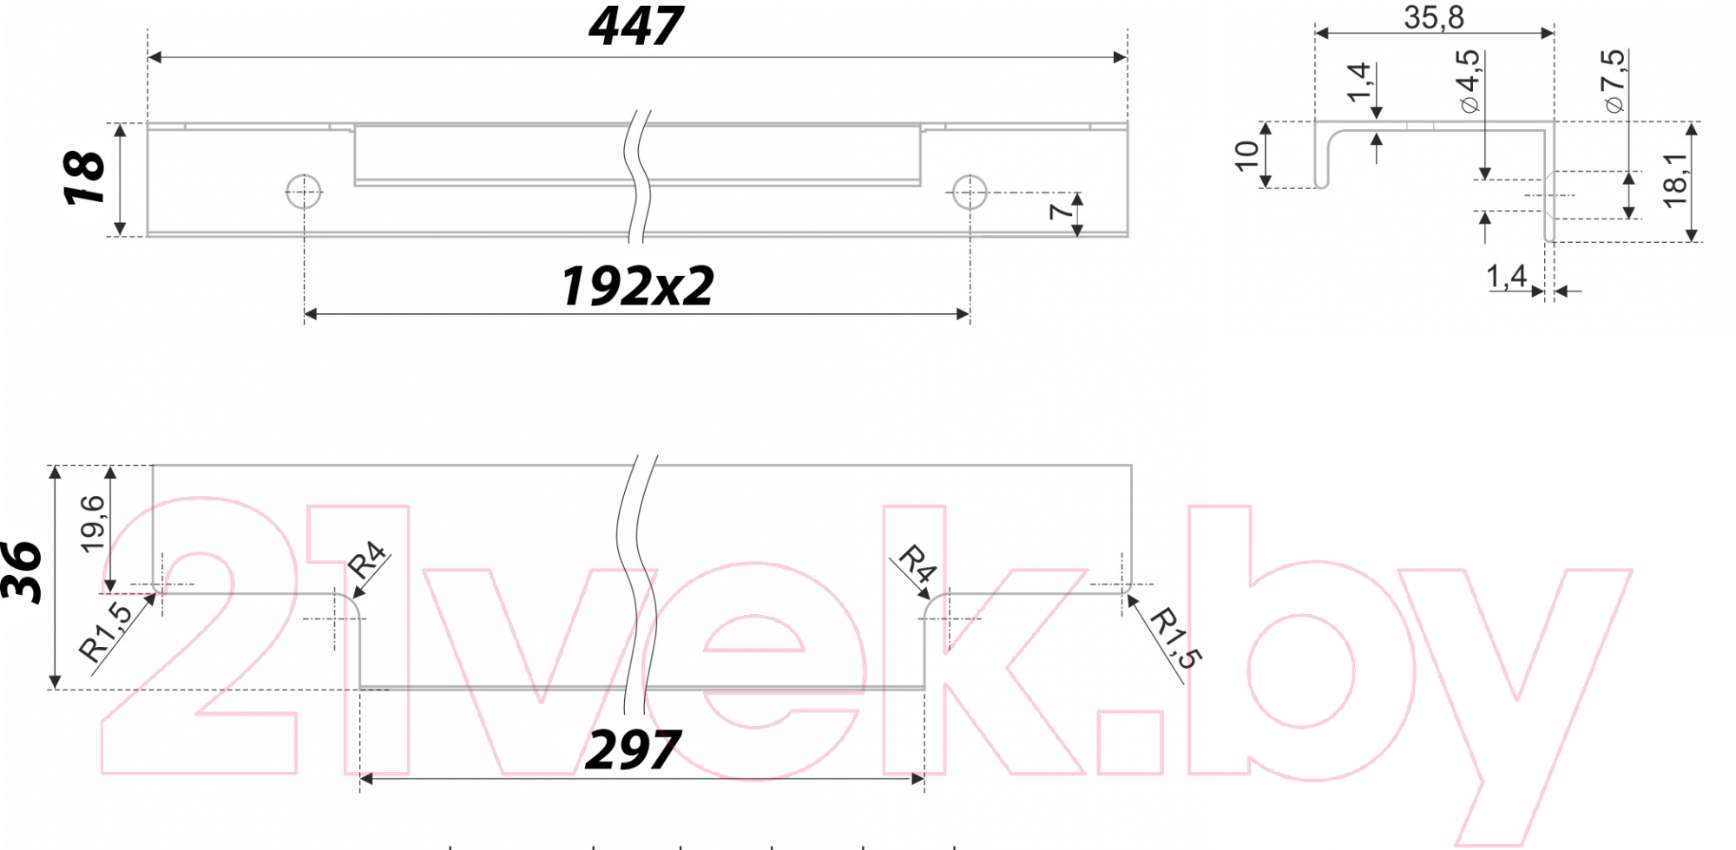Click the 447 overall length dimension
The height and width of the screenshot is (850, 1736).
(x=636, y=26)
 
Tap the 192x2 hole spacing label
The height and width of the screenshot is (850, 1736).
(x=637, y=285)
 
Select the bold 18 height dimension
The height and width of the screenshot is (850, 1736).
(x=84, y=178)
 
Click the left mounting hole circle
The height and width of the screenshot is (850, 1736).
(x=304, y=192)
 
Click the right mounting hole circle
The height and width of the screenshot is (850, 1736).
(x=970, y=192)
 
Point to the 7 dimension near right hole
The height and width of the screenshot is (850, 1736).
(x=1061, y=211)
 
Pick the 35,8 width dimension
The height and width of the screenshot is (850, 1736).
(x=1434, y=17)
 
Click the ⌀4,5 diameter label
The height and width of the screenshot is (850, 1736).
(x=1469, y=81)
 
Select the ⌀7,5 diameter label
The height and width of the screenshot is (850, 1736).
(x=1614, y=81)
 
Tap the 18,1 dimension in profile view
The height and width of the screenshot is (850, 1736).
(x=1675, y=180)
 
